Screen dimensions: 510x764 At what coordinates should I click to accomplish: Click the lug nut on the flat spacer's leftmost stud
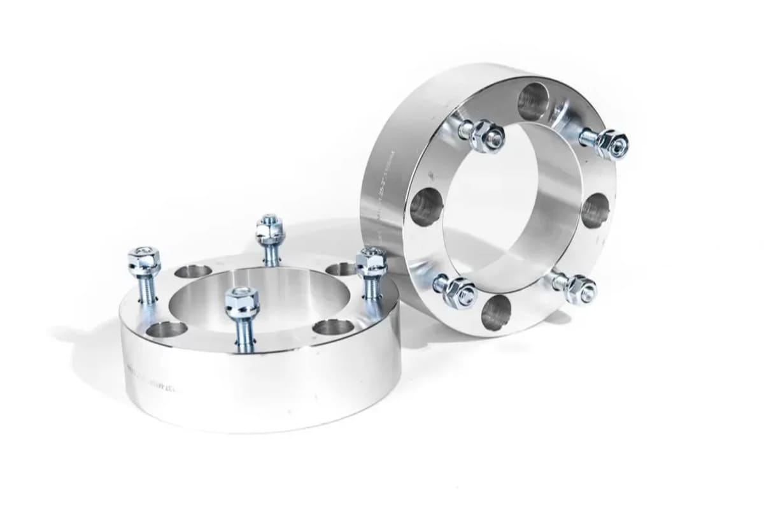(144, 259)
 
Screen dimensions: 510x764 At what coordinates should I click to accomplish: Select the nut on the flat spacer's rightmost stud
(371, 260)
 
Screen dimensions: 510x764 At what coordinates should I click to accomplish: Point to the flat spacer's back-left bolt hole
(193, 272)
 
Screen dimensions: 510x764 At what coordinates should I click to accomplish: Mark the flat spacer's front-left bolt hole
(166, 330)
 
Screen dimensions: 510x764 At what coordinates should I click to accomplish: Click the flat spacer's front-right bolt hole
(333, 327)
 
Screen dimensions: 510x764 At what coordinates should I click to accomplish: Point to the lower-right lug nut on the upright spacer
(579, 289)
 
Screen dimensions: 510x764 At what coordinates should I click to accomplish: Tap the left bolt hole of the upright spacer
(425, 208)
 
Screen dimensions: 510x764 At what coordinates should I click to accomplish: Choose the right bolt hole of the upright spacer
(595, 210)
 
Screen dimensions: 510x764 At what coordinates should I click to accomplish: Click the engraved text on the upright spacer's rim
(382, 191)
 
